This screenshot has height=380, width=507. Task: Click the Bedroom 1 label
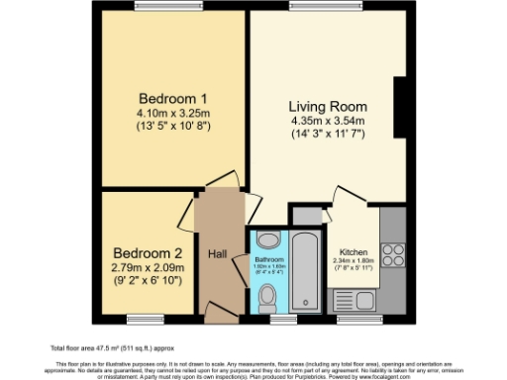click(x=172, y=99)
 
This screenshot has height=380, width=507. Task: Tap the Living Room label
click(x=328, y=106)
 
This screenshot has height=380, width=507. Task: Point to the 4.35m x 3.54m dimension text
click(x=328, y=121)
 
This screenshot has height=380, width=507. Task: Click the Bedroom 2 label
click(x=147, y=251)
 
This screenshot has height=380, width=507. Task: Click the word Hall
click(x=219, y=254)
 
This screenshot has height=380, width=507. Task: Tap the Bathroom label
click(x=268, y=259)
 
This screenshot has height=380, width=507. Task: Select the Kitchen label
click(x=354, y=251)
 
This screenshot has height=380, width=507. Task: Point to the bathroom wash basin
click(x=267, y=239)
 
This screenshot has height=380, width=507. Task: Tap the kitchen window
click(x=353, y=319)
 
